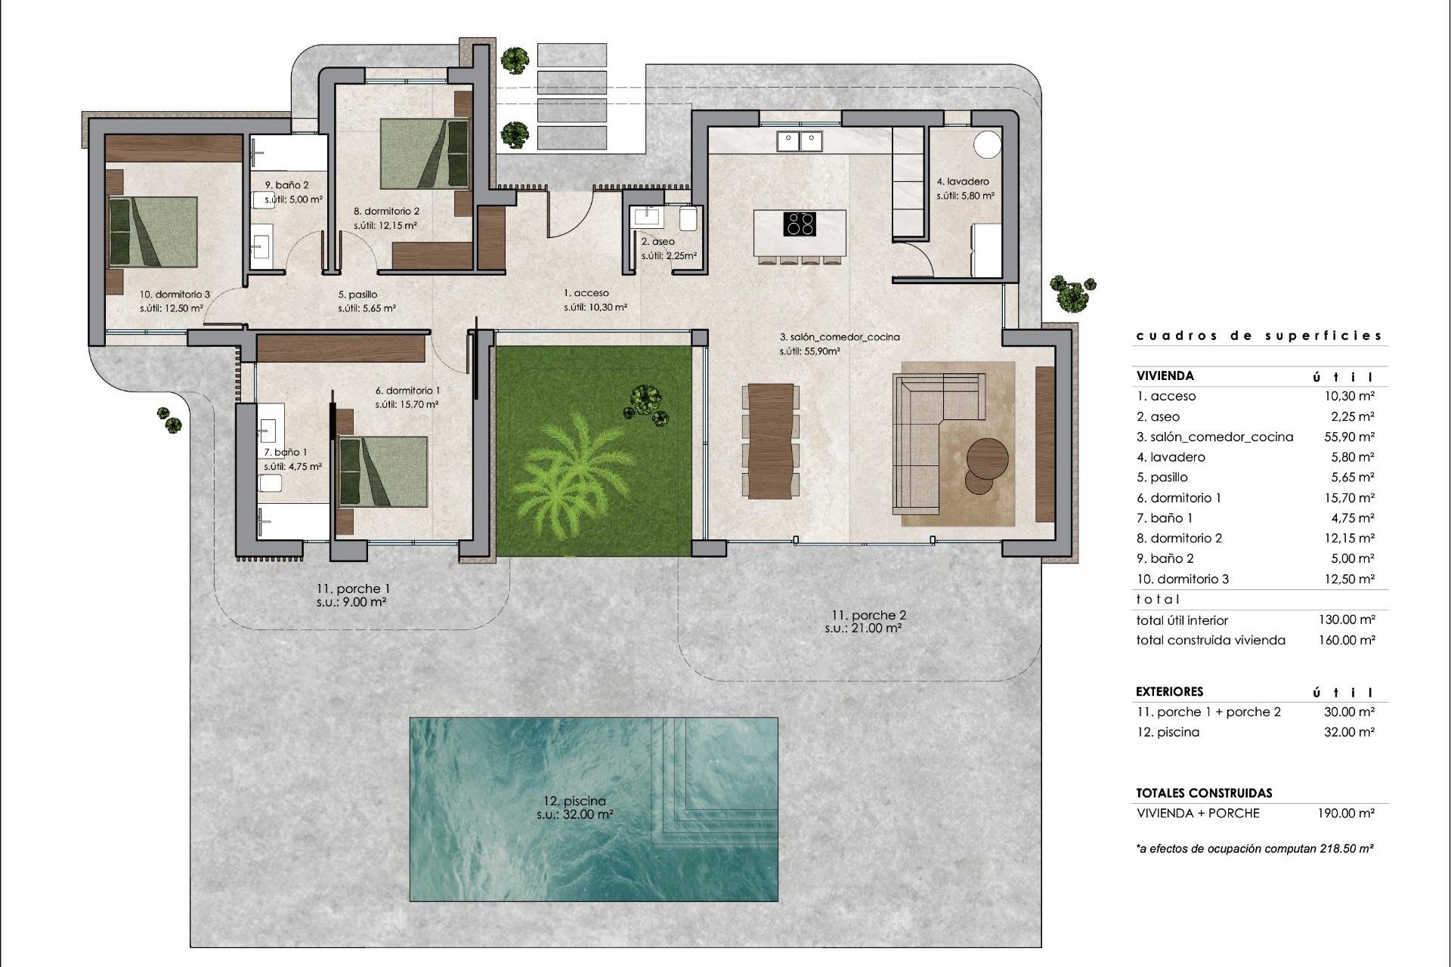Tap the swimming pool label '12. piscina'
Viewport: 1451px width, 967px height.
(x=574, y=801)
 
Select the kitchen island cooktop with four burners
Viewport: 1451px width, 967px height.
(x=800, y=224)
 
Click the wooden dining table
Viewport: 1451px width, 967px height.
(x=771, y=442)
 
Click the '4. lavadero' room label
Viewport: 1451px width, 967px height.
(x=963, y=181)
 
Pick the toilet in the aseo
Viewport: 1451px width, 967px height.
(x=688, y=219)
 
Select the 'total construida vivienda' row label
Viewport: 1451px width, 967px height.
(x=1210, y=640)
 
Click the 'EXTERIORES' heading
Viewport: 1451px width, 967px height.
(x=1169, y=691)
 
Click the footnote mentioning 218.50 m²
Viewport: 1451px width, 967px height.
(x=1255, y=848)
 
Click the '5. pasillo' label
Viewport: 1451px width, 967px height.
(x=357, y=295)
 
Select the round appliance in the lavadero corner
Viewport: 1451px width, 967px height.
(x=986, y=144)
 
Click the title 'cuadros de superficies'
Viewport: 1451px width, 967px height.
(x=1258, y=335)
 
